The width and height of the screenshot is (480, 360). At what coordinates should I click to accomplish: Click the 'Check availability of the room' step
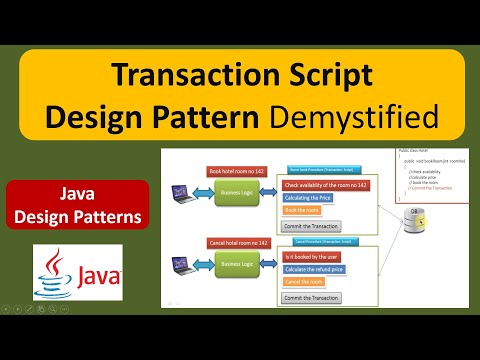click(x=326, y=185)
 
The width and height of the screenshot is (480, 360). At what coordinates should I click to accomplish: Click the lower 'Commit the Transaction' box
click(x=312, y=298)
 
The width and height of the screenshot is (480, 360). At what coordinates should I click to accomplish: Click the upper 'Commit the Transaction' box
click(x=312, y=227)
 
